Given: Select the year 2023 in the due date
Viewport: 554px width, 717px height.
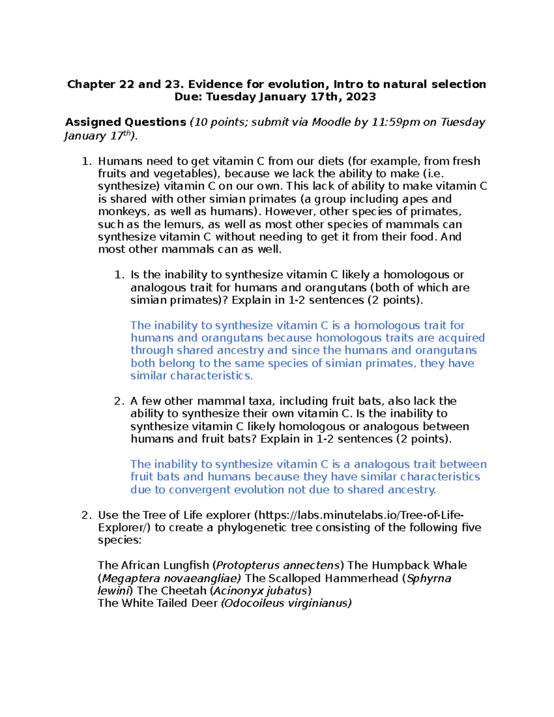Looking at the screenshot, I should point(361,96).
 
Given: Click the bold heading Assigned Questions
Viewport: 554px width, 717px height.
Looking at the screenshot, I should point(126,122).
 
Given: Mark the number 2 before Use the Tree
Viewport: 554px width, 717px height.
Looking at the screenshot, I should point(86,515).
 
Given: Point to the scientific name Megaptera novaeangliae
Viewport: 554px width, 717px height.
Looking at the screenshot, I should point(170,578).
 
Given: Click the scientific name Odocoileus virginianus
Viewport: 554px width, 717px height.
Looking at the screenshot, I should point(286,603).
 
